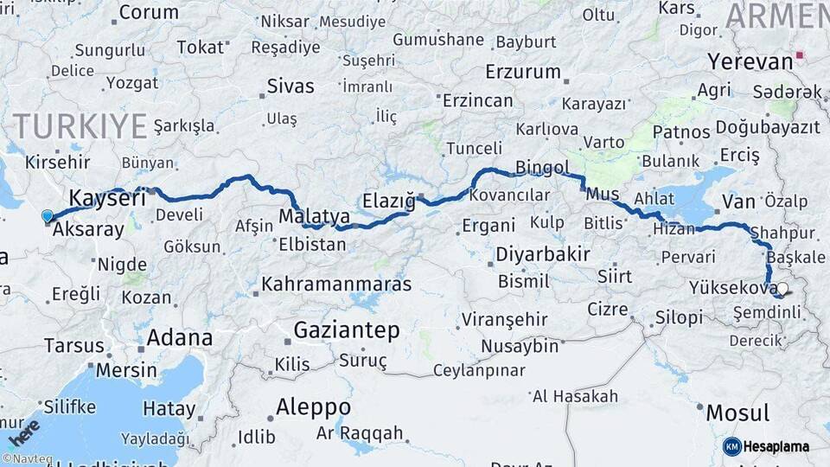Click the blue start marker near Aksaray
coord(47,216)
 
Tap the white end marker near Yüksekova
coord(782,289)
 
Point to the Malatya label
coord(315,215)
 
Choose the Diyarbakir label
coord(543,254)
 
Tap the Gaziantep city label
coord(346,329)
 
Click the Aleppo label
coord(313,406)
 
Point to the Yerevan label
coord(750,61)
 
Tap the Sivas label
coord(290,86)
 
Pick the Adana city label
coord(179,337)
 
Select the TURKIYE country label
coord(80,126)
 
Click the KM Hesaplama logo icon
coord(732,446)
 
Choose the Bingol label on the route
coord(542,167)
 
